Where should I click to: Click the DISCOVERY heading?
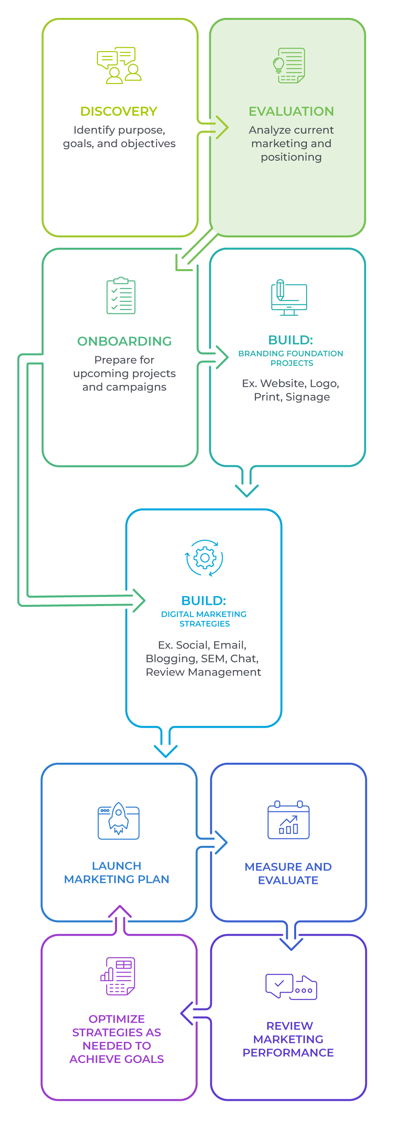(x=119, y=111)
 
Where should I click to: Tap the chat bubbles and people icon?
(x=119, y=66)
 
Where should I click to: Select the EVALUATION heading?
(x=291, y=111)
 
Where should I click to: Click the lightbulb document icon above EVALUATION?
(x=289, y=66)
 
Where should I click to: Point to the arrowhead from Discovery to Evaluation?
(x=222, y=128)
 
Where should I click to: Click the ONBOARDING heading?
(x=124, y=341)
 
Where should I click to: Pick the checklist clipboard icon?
(x=121, y=295)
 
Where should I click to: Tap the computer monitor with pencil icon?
(x=289, y=297)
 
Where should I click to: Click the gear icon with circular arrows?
(x=204, y=558)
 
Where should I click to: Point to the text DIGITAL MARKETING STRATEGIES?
(x=204, y=619)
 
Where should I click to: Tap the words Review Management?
(x=203, y=672)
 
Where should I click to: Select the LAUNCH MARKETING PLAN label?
(x=116, y=872)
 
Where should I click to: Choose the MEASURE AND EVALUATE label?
(x=288, y=873)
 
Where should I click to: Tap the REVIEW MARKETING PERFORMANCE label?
(x=289, y=1039)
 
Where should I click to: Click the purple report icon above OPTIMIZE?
(x=118, y=977)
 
